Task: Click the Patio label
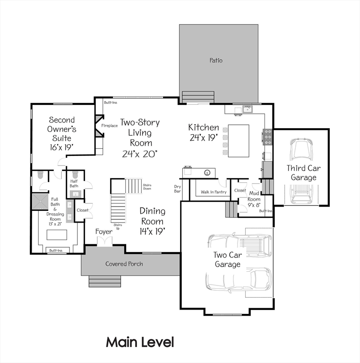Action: (216, 60)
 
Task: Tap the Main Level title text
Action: (140, 342)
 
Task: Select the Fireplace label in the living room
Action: (110, 126)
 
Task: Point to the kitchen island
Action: (239, 140)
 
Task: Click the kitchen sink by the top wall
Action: (247, 110)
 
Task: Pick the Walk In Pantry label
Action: (213, 192)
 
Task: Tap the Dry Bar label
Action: (178, 189)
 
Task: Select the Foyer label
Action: (103, 232)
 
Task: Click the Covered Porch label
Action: (124, 264)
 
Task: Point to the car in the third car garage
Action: (301, 150)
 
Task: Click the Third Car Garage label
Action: (301, 173)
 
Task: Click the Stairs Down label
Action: (147, 186)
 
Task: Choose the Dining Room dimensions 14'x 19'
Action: (152, 231)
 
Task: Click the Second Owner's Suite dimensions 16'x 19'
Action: (62, 147)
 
